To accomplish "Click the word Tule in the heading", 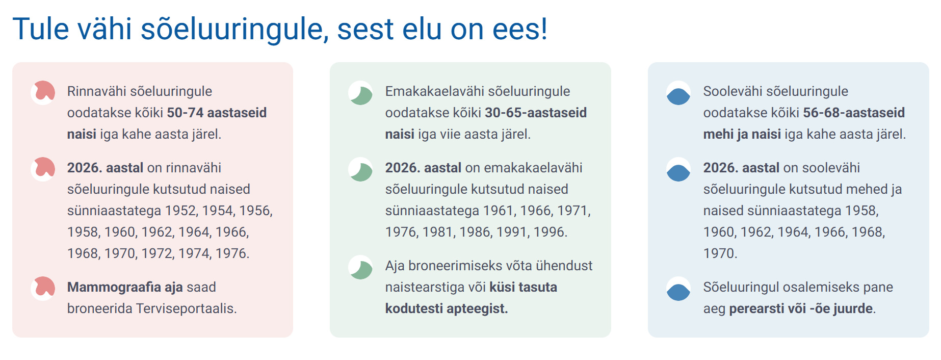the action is (41, 29).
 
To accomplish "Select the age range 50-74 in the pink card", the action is (185, 113).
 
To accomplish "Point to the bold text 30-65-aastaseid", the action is (536, 113).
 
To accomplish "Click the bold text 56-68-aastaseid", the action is (854, 113).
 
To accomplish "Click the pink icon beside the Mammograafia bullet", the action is (43, 288).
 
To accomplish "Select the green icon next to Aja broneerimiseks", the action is (361, 267).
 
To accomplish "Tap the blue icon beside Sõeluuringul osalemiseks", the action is (678, 289).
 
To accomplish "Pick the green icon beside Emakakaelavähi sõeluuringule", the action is (361, 93).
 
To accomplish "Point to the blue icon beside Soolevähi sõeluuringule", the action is (678, 93).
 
